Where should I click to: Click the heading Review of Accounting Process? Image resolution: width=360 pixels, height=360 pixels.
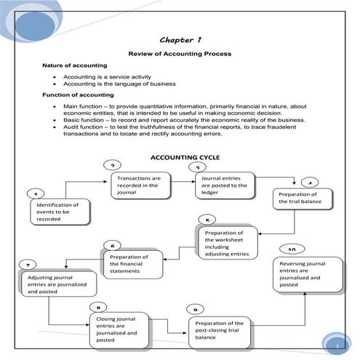pos(180,54)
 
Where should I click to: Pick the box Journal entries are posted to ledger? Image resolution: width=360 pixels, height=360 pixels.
pos(225,185)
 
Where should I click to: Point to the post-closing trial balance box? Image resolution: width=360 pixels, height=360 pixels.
pos(220,328)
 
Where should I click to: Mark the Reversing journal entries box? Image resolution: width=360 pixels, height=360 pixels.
pos(308,274)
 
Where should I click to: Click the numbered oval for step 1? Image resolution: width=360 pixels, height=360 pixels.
pos(34,194)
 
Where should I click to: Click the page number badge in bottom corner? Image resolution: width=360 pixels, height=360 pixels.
pos(337,347)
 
